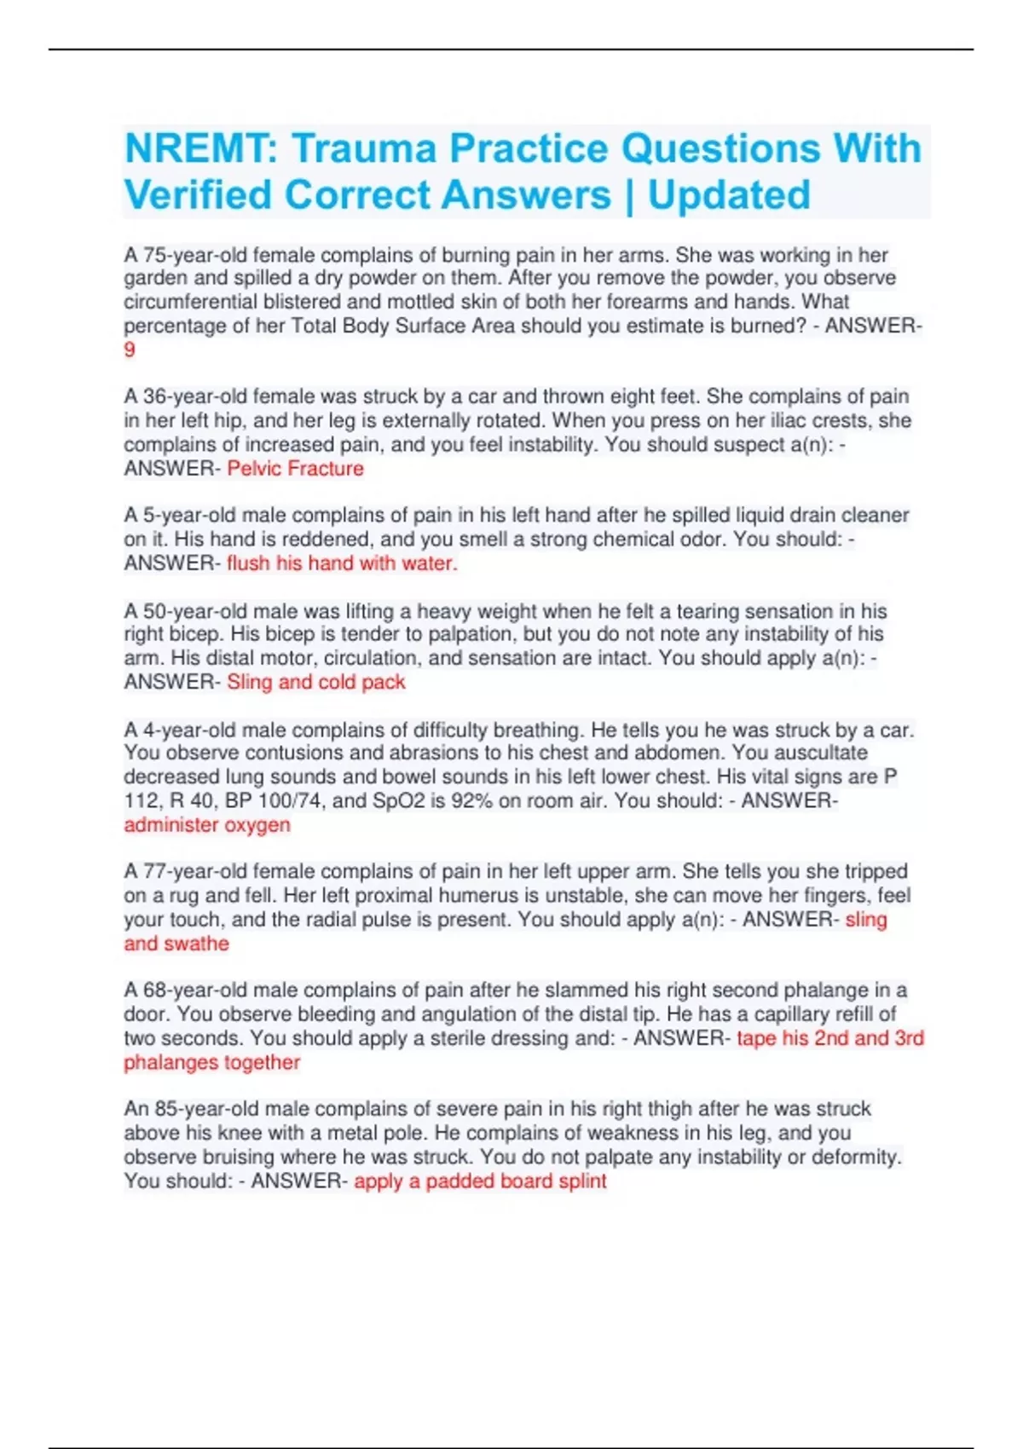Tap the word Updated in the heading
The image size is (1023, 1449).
tap(729, 195)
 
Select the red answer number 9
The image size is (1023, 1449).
tap(130, 349)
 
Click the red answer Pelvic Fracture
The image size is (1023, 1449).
tap(295, 469)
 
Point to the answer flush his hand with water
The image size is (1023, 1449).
tap(342, 563)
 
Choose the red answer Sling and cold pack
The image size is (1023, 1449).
tap(315, 682)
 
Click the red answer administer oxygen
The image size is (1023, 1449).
tap(207, 825)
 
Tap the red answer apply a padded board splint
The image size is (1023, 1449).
tap(480, 1181)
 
